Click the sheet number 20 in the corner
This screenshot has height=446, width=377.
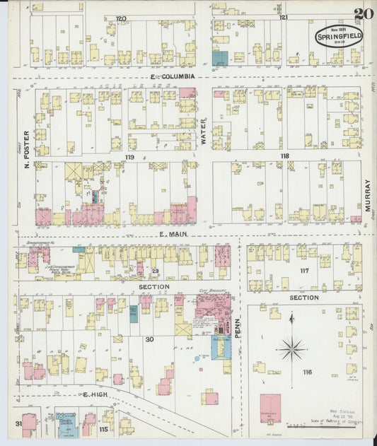click(x=364, y=14)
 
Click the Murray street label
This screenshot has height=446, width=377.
click(x=368, y=196)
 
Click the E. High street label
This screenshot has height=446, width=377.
click(x=94, y=394)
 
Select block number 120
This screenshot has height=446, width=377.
click(x=121, y=17)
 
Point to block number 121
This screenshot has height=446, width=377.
click(x=283, y=17)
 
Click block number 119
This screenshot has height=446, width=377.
click(x=129, y=156)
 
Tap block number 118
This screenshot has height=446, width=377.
click(x=284, y=156)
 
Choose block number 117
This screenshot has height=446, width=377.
click(x=305, y=271)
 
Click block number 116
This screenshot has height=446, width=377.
click(x=306, y=372)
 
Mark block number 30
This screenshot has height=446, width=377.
click(x=149, y=340)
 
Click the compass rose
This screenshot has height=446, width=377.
click(x=291, y=348)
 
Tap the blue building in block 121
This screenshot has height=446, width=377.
click(x=220, y=59)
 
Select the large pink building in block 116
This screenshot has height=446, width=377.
click(x=270, y=408)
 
